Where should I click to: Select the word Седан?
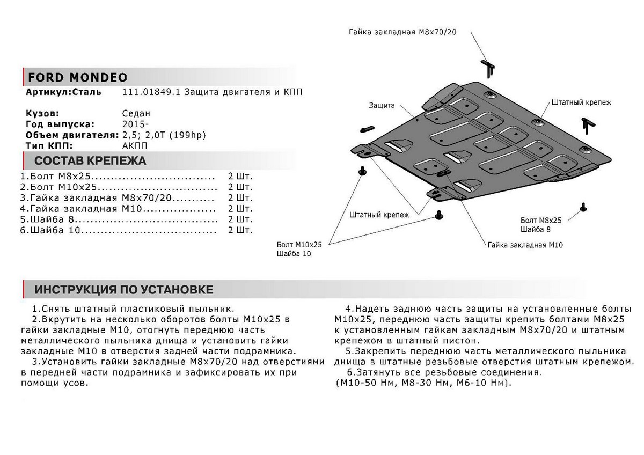coord(136,114)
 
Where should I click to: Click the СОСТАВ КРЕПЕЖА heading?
coord(90,160)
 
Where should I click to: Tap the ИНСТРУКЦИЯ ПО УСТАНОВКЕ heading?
coord(124,290)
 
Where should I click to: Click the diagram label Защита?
coord(382,106)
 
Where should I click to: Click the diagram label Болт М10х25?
coord(300,244)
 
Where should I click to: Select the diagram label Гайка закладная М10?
coord(525,245)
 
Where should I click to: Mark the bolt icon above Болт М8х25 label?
coord(583,207)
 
